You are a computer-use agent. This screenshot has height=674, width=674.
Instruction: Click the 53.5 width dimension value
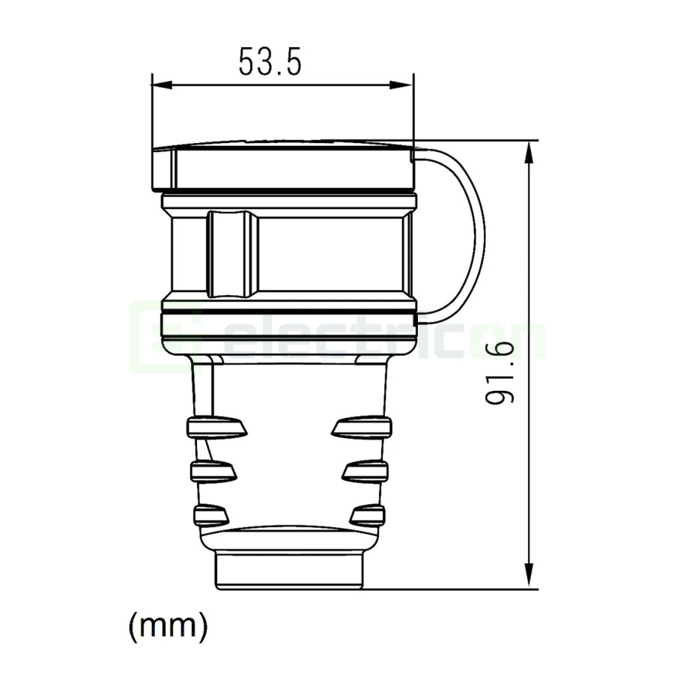pos(270,62)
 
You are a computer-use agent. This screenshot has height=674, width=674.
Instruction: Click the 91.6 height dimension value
pos(500,372)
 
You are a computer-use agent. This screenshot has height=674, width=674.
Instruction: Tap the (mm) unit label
pos(168,625)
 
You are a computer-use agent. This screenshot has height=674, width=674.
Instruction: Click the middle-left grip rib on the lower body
pos(214,471)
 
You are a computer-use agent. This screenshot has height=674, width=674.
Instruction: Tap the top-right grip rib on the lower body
pos(361,427)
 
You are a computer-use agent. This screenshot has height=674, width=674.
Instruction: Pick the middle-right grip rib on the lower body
pos(365,471)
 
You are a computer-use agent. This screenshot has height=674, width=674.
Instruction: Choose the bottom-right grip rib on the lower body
pos(367,514)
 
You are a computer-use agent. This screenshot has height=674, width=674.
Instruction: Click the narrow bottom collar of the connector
pos(290,569)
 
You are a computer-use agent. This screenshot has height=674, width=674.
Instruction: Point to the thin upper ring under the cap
pos(289,201)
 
